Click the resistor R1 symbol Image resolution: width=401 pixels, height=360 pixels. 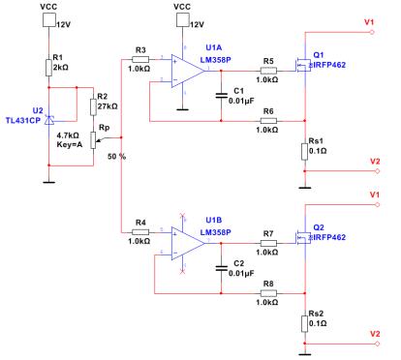48,65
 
